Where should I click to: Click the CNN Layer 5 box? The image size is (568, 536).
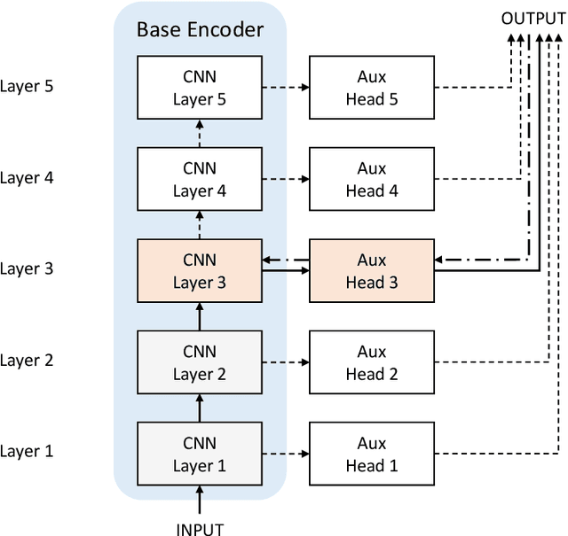(200, 88)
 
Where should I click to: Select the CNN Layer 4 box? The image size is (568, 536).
(200, 179)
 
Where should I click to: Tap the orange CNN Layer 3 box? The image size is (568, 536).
(200, 270)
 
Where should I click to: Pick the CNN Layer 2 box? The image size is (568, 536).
(200, 361)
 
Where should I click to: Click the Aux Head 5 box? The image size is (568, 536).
(371, 88)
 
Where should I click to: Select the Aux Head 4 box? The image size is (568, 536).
(371, 179)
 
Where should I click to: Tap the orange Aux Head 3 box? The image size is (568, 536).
(371, 270)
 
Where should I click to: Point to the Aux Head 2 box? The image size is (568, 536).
(371, 361)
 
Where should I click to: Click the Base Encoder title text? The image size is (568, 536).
(200, 29)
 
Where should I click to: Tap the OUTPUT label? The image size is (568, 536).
(532, 18)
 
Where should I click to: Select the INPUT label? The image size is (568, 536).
(200, 529)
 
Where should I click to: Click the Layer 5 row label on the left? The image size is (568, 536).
(28, 88)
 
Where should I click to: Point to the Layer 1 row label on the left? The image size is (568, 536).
(28, 452)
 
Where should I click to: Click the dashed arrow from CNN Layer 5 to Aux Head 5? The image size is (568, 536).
(285, 88)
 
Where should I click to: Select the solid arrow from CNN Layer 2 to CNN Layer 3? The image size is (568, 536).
(200, 315)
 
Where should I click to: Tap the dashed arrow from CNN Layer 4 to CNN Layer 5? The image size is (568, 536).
(200, 133)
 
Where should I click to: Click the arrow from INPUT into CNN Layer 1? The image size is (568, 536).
(200, 501)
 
